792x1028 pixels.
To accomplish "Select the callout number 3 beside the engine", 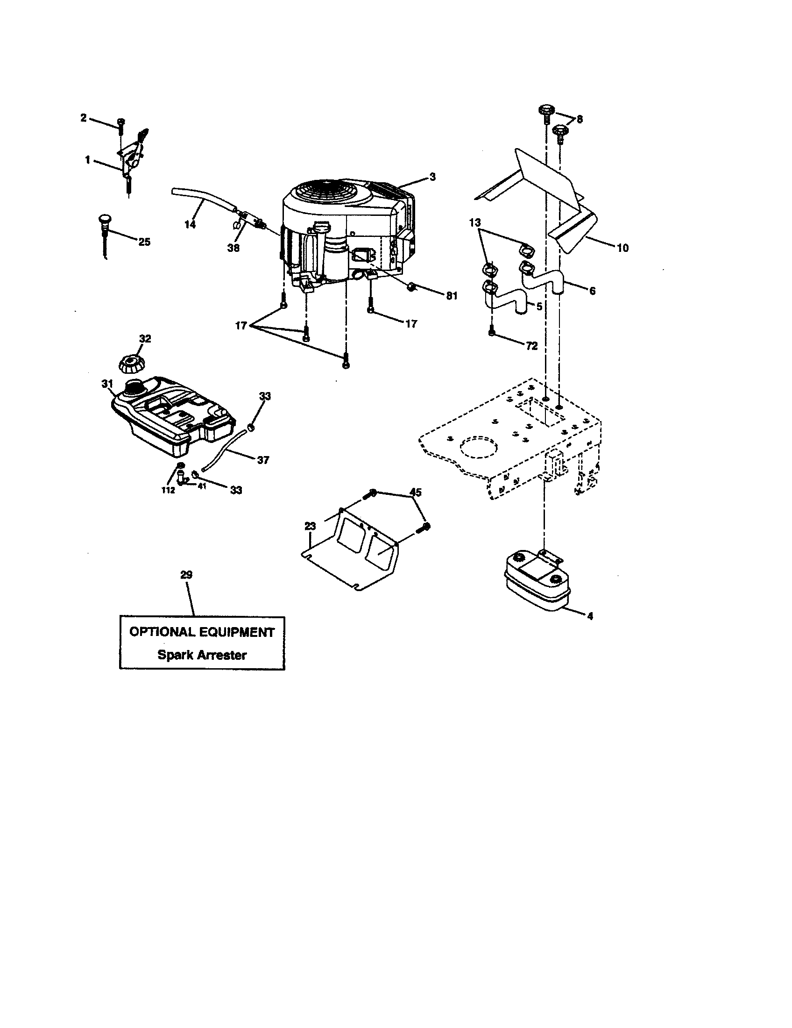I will tap(432, 177).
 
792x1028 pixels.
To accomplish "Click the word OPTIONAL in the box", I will tap(162, 632).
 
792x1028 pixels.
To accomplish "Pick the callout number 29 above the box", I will tap(186, 574).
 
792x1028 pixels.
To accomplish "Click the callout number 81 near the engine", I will tap(451, 296).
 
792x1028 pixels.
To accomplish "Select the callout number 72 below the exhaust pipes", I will tap(531, 345).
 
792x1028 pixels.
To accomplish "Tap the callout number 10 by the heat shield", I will tap(622, 248).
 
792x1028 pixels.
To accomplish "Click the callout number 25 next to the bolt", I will tap(144, 242).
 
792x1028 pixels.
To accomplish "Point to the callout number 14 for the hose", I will tap(190, 224).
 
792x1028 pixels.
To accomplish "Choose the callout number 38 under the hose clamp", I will tap(233, 248).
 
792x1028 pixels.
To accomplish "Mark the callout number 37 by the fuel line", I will tap(263, 459).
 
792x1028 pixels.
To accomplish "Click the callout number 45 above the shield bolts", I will tap(416, 492).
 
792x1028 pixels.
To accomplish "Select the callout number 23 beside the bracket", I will tap(310, 526).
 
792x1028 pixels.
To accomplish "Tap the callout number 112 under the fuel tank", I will tap(168, 490).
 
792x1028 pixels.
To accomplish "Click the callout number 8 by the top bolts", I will tap(579, 119).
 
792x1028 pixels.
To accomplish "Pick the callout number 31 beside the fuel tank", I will tap(107, 384).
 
